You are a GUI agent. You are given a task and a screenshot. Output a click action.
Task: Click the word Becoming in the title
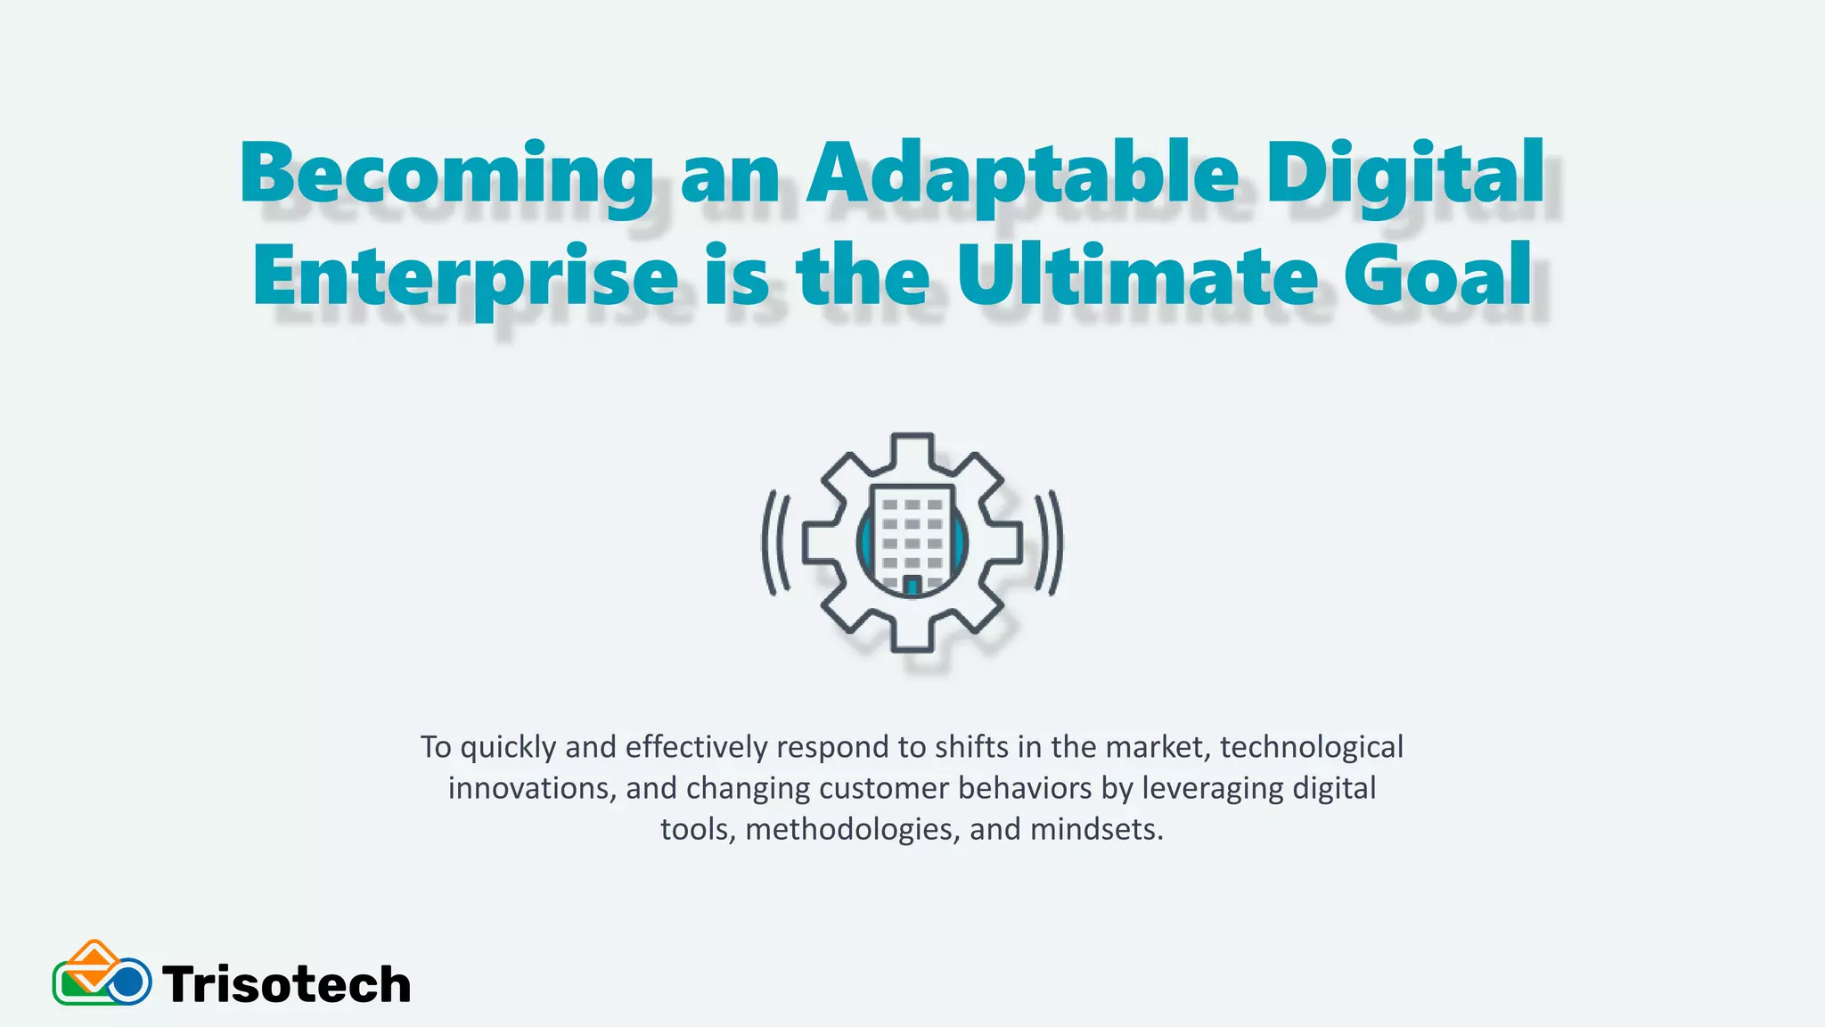click(x=446, y=174)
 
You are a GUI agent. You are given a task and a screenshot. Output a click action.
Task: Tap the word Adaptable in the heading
click(x=1022, y=174)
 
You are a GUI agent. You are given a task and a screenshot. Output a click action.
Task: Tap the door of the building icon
click(x=912, y=586)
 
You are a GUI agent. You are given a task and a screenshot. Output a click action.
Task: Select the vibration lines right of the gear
click(x=1049, y=542)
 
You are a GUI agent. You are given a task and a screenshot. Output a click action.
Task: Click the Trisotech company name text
click(x=286, y=985)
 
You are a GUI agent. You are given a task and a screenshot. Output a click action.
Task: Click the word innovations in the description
click(x=528, y=788)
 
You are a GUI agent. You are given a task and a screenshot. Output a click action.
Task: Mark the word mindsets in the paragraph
click(x=1096, y=830)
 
